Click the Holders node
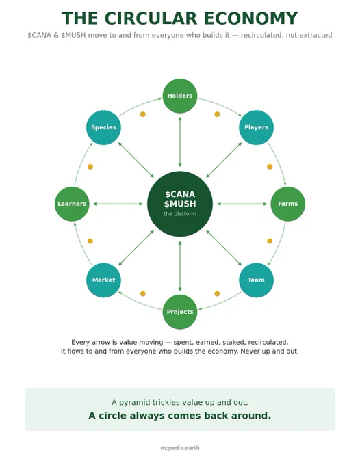[180, 96]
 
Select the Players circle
[256, 127]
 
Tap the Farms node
[287, 204]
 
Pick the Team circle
[256, 280]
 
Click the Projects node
[180, 312]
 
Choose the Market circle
[103, 280]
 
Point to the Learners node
[72, 204]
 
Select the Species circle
[103, 127]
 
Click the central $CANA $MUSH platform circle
[180, 204]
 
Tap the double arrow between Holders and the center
[180, 142]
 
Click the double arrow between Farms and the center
[242, 204]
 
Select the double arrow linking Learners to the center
[118, 204]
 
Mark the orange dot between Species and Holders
[143, 114]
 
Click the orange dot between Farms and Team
[270, 241]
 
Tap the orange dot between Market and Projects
[143, 293]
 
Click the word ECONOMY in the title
[250, 18]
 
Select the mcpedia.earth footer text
[180, 448]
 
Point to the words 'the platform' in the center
[180, 214]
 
